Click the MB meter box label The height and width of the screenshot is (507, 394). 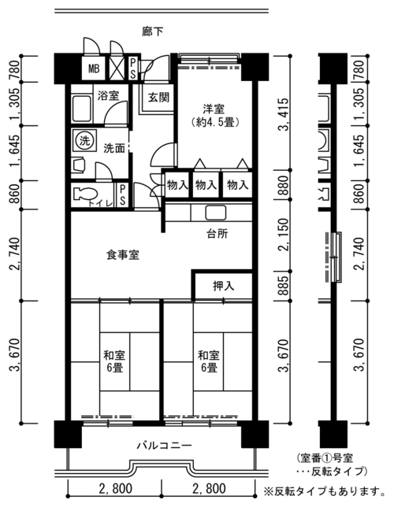94,68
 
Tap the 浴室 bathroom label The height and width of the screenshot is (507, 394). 109,95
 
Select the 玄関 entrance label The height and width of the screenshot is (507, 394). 158,98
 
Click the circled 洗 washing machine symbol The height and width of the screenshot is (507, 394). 84,140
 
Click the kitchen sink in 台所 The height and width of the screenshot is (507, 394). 216,213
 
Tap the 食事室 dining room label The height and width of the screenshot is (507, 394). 123,255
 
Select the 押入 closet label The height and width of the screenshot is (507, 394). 224,286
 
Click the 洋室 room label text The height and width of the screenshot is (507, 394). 214,109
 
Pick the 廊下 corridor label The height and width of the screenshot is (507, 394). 153,31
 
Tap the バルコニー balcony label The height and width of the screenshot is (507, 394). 164,446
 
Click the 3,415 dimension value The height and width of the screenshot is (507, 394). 284,114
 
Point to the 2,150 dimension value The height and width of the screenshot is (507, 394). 284,235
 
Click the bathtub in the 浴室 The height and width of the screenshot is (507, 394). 81,109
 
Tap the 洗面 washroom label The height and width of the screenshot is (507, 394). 114,148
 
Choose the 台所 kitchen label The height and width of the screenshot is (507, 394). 217,234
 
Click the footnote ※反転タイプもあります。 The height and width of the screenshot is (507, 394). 325,492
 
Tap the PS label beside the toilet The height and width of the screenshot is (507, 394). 122,195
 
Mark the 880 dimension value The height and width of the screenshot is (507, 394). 284,185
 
